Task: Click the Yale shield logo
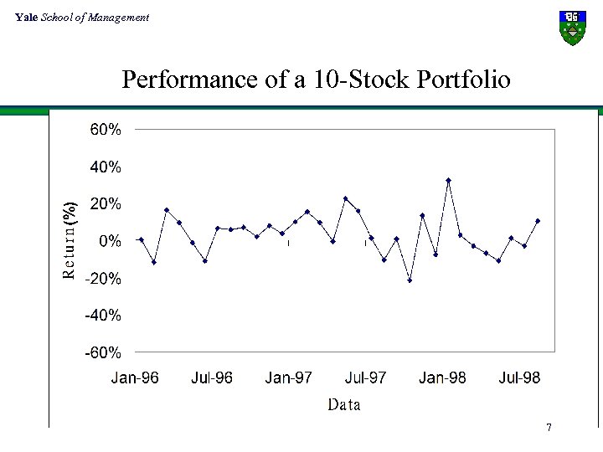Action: click(x=572, y=28)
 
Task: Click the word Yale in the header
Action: click(x=26, y=18)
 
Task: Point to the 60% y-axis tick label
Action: click(x=106, y=130)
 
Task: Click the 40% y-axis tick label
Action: click(x=106, y=167)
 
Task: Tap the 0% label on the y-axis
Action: click(x=111, y=241)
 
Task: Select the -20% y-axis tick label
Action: click(x=104, y=279)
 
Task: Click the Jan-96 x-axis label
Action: click(x=135, y=378)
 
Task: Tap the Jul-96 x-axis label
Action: click(x=212, y=378)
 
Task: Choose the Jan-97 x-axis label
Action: click(x=289, y=378)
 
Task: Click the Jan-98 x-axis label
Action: click(x=442, y=378)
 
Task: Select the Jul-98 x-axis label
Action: click(x=519, y=378)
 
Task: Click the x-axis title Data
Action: click(x=344, y=405)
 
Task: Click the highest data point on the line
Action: click(x=448, y=181)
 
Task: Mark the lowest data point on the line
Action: click(x=410, y=280)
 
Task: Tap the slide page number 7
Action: click(x=549, y=429)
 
